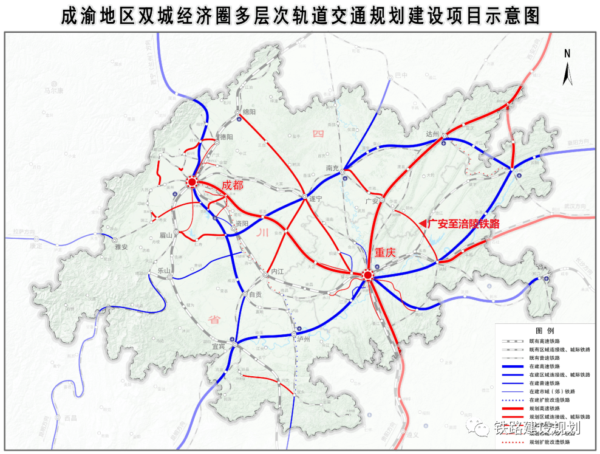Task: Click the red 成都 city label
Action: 233,185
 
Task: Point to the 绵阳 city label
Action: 250,112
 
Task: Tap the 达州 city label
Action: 432,134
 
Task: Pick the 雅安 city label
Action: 121,247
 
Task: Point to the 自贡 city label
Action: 255,295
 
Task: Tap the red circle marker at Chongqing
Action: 367,276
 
